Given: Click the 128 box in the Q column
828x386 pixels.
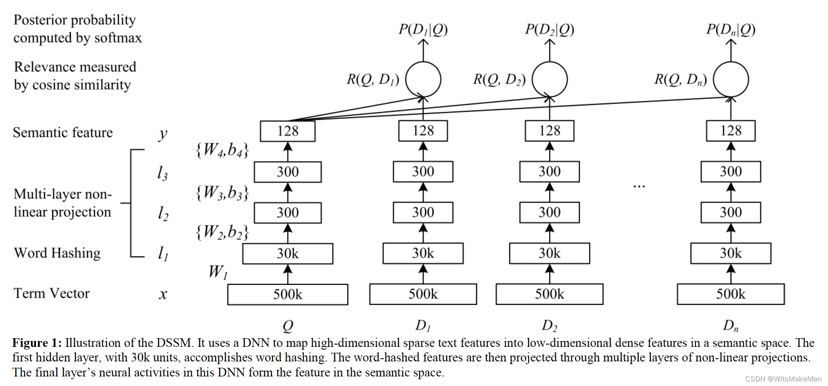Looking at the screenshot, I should click(288, 131).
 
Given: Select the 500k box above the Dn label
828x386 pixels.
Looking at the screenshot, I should click(730, 294).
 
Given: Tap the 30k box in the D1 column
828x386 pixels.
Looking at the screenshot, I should click(423, 254).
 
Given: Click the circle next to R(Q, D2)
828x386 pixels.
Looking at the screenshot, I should click(550, 79).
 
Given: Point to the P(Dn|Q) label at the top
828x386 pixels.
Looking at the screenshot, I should click(730, 30).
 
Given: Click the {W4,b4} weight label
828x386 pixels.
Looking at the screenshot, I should click(222, 150).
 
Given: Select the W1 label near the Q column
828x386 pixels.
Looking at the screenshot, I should click(218, 272).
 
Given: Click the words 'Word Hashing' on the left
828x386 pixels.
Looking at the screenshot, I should click(57, 253).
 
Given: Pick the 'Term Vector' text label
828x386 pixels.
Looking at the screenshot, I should click(51, 294).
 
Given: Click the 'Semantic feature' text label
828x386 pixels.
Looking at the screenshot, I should click(63, 132).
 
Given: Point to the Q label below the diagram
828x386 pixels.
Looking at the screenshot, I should click(288, 326).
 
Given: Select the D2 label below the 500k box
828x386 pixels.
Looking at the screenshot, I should click(549, 325).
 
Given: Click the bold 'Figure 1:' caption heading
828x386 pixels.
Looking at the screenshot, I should click(37, 343).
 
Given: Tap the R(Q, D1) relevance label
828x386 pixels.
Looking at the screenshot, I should click(373, 80).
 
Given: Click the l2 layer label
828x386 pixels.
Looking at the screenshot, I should click(162, 213).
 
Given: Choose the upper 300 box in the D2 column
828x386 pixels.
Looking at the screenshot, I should click(549, 172).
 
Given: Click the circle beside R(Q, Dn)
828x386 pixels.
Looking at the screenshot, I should click(730, 79).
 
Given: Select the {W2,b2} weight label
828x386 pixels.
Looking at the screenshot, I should click(222, 232).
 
